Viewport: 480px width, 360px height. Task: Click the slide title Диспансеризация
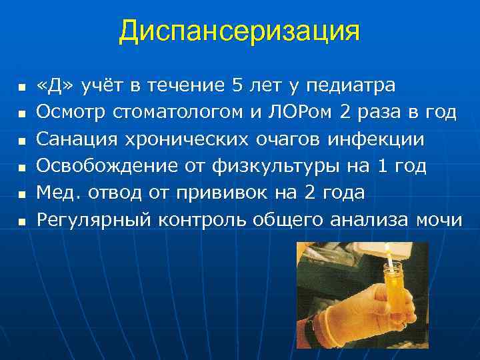239,31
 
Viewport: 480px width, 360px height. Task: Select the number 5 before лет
237,87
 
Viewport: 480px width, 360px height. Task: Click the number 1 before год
382,166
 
